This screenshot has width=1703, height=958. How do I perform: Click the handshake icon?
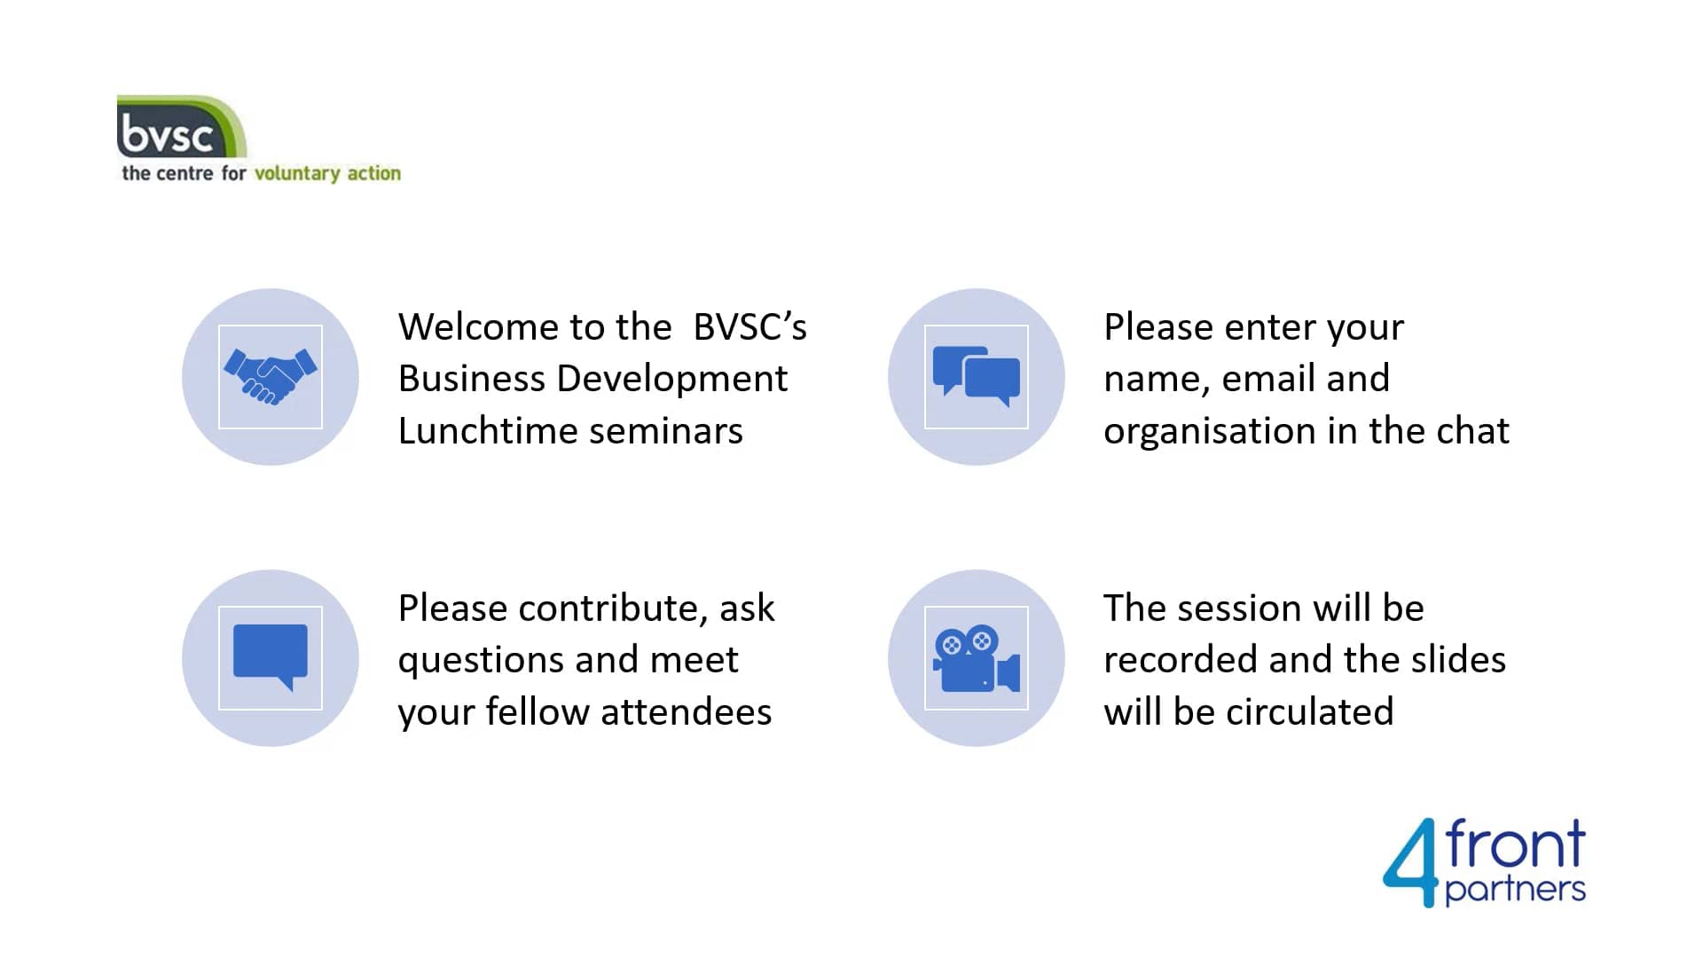point(271,377)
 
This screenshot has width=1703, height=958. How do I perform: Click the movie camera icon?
point(976,658)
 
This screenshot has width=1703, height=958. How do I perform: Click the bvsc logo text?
point(167,135)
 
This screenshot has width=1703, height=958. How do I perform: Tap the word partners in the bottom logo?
point(1515,890)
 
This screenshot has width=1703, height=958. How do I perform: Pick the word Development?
point(672,380)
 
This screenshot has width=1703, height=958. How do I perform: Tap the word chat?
point(1472,431)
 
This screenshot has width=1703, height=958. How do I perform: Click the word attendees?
point(687,712)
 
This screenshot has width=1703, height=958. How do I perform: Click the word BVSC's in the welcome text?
point(749,327)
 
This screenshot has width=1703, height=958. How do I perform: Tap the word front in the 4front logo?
point(1515,844)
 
